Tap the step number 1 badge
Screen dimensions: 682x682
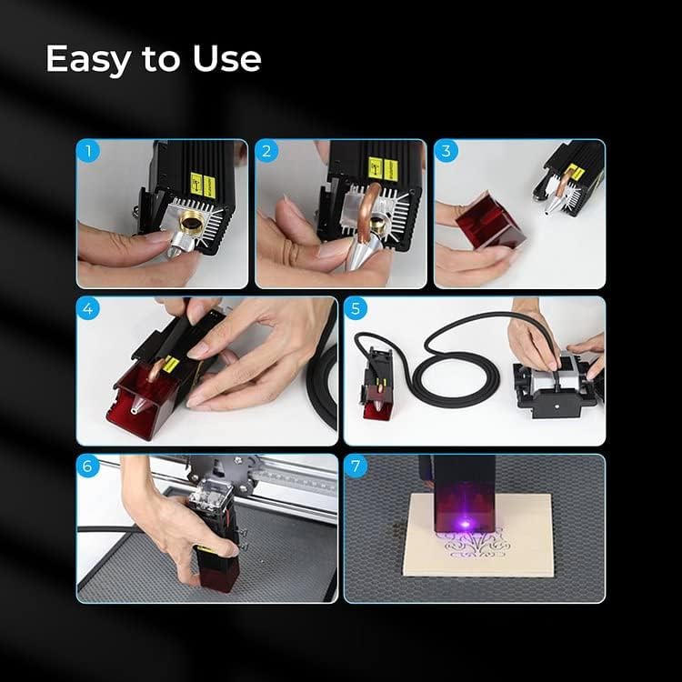point(88,152)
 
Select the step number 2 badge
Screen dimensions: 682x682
point(267,152)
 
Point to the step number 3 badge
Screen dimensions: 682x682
point(446,152)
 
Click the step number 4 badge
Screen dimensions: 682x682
point(88,309)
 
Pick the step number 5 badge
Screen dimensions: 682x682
point(356,309)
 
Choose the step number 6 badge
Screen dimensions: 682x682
point(88,467)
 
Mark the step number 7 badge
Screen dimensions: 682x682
point(356,467)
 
